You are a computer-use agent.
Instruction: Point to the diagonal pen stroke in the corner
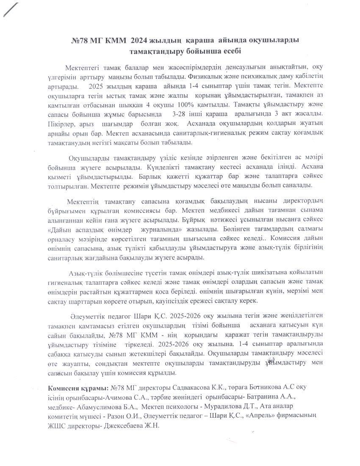11,9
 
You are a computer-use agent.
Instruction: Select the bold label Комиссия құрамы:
78,388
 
